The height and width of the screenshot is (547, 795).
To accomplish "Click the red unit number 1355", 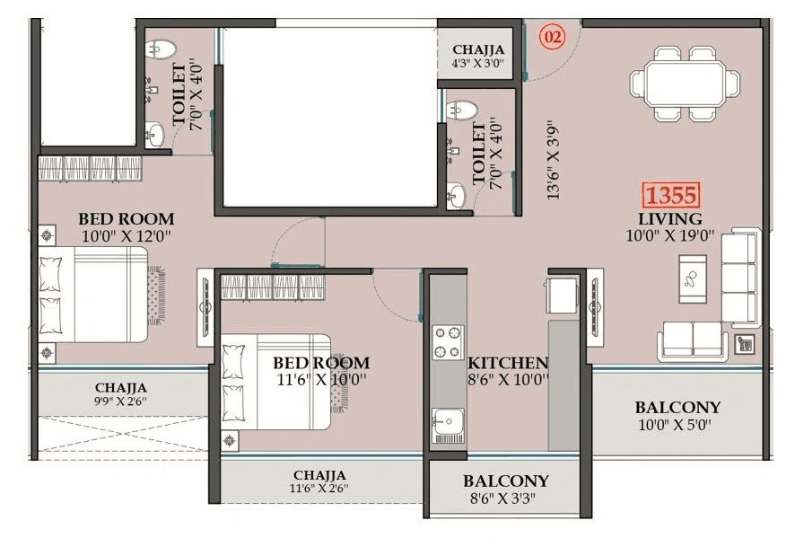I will pyautogui.click(x=670, y=195).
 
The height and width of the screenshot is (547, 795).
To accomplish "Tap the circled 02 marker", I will pyautogui.click(x=553, y=38).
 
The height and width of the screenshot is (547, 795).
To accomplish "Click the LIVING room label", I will pyautogui.click(x=669, y=219).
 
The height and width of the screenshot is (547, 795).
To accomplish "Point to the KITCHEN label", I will pyautogui.click(x=508, y=363).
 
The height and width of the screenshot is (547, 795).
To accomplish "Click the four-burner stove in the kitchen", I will pyautogui.click(x=447, y=341).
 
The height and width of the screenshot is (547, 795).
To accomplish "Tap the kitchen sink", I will pyautogui.click(x=446, y=420).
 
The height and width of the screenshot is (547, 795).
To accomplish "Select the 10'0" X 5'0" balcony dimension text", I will pyautogui.click(x=677, y=425).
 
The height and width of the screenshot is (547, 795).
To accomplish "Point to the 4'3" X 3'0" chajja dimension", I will pyautogui.click(x=478, y=65).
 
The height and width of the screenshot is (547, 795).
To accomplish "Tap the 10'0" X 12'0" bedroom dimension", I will pyautogui.click(x=126, y=236).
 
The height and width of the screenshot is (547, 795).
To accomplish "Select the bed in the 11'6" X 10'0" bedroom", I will pyautogui.click(x=278, y=382).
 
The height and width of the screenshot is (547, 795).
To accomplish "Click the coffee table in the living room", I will pyautogui.click(x=692, y=277).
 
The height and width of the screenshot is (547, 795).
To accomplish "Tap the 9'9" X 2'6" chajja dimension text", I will pyautogui.click(x=120, y=401).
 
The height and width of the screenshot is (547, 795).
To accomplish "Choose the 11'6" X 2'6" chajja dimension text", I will pyautogui.click(x=319, y=489).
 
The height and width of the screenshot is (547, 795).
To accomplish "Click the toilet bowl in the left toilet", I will pyautogui.click(x=161, y=49).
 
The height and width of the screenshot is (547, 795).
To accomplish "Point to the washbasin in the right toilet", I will pyautogui.click(x=457, y=195).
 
